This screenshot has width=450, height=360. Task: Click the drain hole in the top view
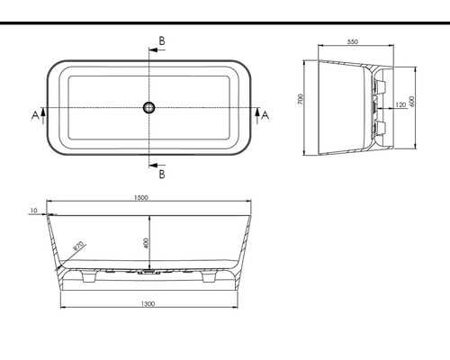click(x=149, y=108)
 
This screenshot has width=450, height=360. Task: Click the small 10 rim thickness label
click(x=33, y=211)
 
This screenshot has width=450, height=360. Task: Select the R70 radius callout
click(x=79, y=247)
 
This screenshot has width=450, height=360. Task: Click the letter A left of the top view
click(x=34, y=114)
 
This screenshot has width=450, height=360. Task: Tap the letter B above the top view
click(x=161, y=41)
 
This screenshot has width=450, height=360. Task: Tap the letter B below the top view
click(x=161, y=174)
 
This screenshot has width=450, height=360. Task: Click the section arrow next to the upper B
click(x=154, y=50)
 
